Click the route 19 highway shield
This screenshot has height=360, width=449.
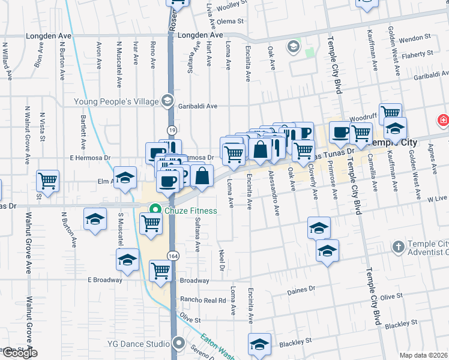(x=172, y=130)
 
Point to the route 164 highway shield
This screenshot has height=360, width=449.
(x=172, y=254)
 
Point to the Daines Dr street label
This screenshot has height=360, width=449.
(x=302, y=290)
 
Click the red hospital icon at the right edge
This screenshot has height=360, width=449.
(x=444, y=120)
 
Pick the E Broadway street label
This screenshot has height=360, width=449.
(x=105, y=280)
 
